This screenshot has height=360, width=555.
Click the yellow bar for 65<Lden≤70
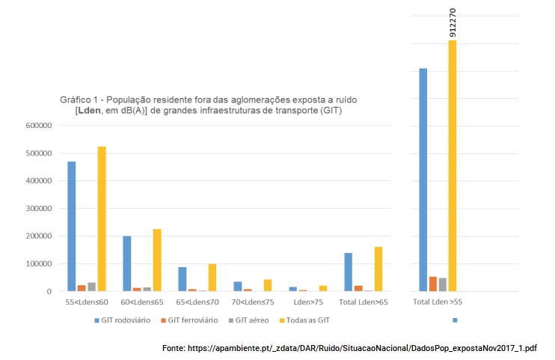tap(212, 277)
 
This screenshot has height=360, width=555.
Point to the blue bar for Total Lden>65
tap(349, 272)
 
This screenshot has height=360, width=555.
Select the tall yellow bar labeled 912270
tap(453, 165)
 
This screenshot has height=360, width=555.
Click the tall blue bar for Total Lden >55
tap(423, 180)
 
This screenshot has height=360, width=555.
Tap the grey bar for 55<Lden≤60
tap(92, 287)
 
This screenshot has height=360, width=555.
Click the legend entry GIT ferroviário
tap(188, 320)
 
